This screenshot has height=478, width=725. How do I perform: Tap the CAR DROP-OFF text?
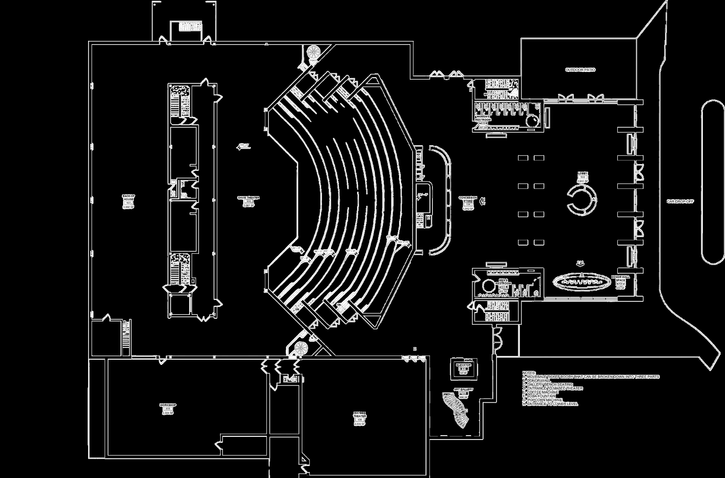[x=680, y=201]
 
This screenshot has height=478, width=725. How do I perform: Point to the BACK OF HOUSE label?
[x=128, y=197]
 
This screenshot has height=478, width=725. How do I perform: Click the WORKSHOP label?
[x=168, y=405]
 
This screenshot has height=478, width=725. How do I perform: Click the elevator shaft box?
[x=464, y=369]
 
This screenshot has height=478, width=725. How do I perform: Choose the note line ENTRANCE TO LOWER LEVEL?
[x=550, y=404]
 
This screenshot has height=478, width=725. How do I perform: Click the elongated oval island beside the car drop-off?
[x=713, y=183]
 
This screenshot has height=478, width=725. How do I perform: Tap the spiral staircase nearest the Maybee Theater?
[x=301, y=348]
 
